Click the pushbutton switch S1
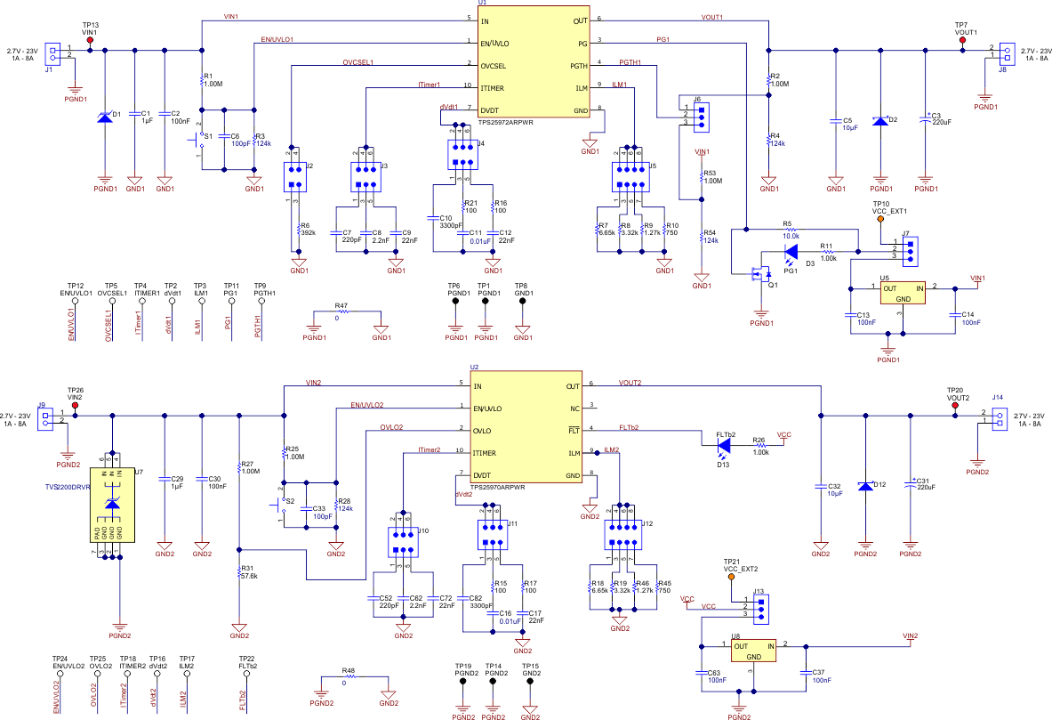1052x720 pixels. coord(203,139)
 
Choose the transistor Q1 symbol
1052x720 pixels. coord(758,274)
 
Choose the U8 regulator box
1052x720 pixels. coord(753,651)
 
